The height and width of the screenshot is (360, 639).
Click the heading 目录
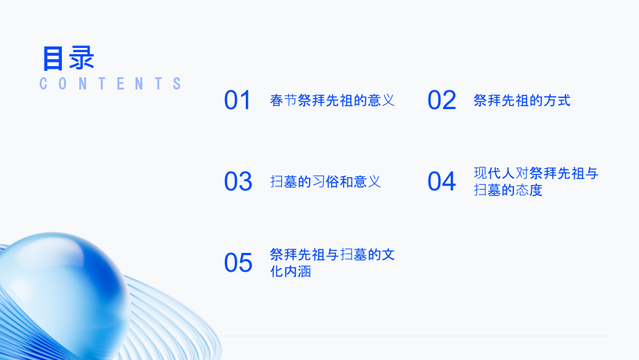click(x=68, y=58)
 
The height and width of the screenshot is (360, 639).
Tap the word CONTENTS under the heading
click(x=110, y=84)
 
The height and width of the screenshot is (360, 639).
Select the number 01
click(x=238, y=101)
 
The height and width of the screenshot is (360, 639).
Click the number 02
click(x=442, y=101)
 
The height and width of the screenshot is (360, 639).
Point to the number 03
click(x=238, y=182)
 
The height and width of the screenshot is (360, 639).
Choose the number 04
click(x=442, y=182)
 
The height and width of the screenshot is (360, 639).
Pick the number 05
click(x=238, y=263)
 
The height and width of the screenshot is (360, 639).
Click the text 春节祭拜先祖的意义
click(x=332, y=101)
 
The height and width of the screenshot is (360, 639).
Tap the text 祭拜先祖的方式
click(x=522, y=101)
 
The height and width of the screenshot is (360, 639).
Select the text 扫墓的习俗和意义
click(x=325, y=182)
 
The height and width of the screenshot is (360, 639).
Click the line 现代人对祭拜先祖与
click(x=536, y=174)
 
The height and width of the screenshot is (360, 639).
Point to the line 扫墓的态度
click(x=508, y=190)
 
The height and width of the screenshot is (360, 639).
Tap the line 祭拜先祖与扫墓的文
click(x=332, y=255)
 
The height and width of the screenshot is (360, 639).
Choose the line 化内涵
click(x=290, y=272)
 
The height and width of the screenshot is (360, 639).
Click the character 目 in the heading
click(x=54, y=58)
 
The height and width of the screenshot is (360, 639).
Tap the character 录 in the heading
click(x=82, y=58)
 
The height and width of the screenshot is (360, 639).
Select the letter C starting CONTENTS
click(x=44, y=84)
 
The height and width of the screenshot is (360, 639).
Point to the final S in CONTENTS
click(x=177, y=84)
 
